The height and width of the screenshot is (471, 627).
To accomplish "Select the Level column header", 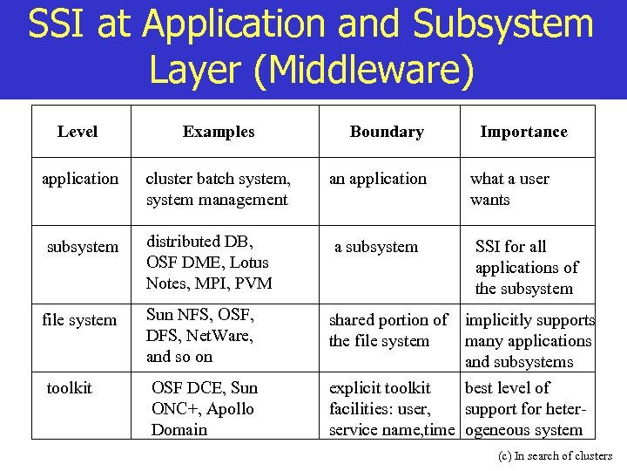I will point(78,132).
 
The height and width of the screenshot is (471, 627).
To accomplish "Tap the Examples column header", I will point(219,132).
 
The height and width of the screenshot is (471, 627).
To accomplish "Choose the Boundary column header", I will point(387,132).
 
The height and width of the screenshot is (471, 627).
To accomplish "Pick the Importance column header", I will point(523,132).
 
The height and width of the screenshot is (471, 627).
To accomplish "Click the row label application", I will point(80,179).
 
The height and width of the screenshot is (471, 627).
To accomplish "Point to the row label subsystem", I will point(82,247).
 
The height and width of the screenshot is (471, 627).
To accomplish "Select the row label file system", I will point(79,320).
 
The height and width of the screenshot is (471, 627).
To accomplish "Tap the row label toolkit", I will point(69,388).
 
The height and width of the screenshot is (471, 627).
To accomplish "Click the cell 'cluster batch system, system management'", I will point(218,189).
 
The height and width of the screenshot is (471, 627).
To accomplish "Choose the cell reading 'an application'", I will point(378,179).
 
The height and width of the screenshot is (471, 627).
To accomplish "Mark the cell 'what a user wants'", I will point(509,189).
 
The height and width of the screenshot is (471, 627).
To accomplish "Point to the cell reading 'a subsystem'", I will point(376,247).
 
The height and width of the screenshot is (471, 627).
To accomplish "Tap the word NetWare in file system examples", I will point(226,336).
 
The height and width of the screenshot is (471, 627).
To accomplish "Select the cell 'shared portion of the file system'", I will point(388,331).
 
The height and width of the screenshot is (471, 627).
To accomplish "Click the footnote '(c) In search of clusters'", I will point(555,455).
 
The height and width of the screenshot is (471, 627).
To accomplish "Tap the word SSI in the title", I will point(57,24).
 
